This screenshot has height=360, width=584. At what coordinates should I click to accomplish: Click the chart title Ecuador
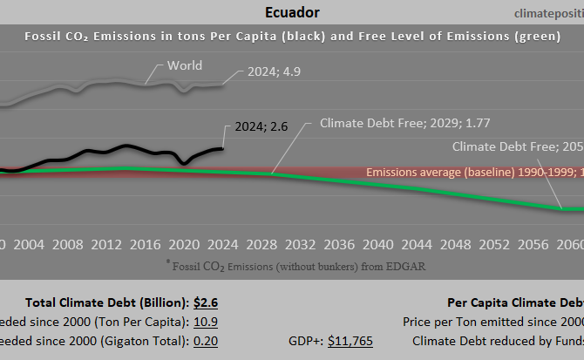click(291, 12)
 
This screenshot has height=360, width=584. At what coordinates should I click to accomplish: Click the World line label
click(185, 65)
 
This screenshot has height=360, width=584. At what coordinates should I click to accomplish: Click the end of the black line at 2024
click(222, 148)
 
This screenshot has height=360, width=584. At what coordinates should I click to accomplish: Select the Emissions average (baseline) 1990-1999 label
click(474, 173)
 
